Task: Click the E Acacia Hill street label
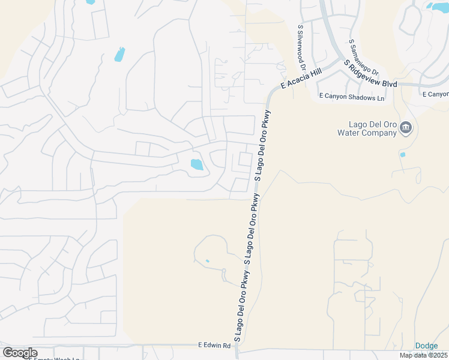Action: tap(303, 79)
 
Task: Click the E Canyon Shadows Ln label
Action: tap(351, 97)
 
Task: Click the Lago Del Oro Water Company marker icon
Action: tap(406, 128)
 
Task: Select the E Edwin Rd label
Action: tap(214, 346)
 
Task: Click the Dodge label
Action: tap(426, 346)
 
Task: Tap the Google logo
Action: tap(20, 353)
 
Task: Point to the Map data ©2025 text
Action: tap(424, 355)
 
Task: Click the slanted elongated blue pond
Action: tap(119, 55)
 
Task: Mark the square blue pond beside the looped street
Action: tap(196, 164)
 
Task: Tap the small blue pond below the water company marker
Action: tap(402, 155)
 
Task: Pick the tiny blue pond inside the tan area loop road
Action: tap(208, 261)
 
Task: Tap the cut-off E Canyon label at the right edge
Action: tap(435, 94)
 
